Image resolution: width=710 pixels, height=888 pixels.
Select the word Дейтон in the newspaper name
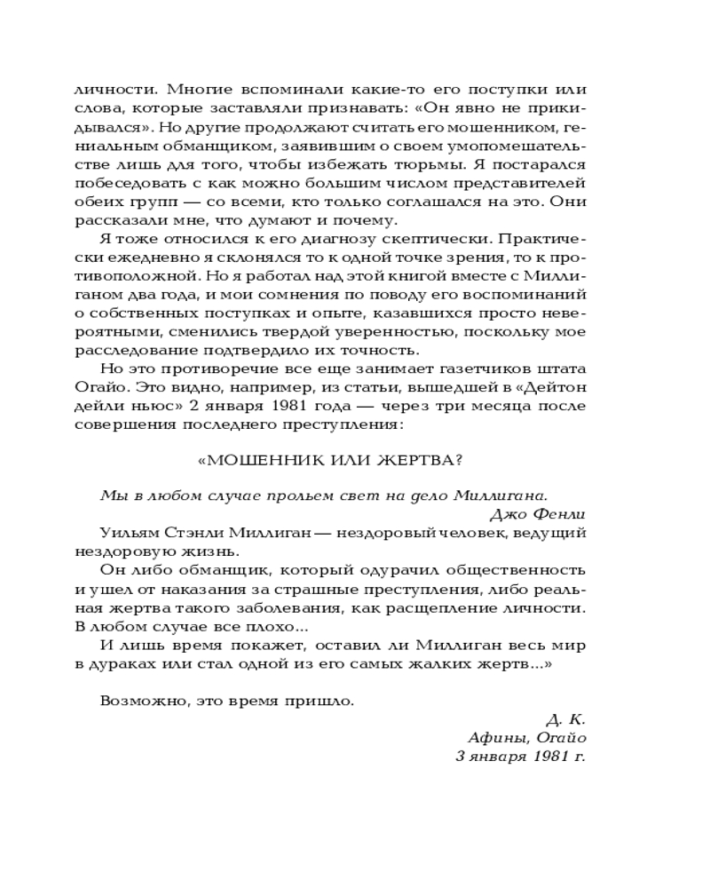tap(553, 387)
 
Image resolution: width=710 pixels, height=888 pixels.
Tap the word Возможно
tap(139, 700)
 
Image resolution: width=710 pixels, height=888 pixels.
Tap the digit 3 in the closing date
tap(461, 756)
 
